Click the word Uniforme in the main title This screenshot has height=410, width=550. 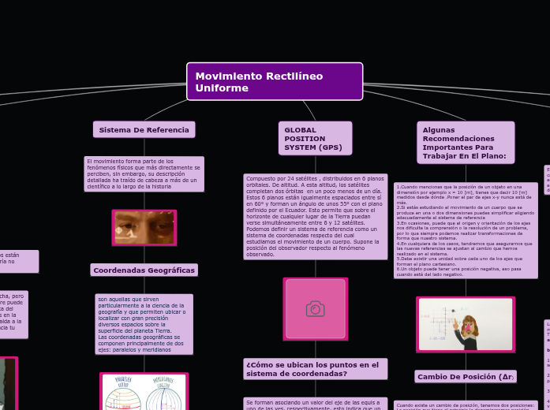(222, 88)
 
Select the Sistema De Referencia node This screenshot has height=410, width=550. (144, 129)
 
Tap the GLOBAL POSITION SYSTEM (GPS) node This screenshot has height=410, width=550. (314, 138)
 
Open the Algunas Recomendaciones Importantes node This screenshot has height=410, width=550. (465, 142)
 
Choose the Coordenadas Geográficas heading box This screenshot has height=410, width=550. (144, 270)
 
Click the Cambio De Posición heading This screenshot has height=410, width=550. (465, 377)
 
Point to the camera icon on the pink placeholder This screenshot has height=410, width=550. (315, 309)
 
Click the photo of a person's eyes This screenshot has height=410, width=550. (144, 227)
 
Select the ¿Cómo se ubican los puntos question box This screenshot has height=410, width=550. (315, 369)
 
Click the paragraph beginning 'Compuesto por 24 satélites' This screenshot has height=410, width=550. (315, 216)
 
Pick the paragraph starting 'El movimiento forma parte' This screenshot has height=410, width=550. (144, 173)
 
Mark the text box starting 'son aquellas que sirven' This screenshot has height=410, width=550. (144, 324)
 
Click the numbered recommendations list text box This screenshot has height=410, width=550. (465, 229)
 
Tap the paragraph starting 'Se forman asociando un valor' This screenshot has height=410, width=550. (315, 403)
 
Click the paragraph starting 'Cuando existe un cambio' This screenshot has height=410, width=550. (465, 405)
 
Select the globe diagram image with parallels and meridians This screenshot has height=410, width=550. (144, 392)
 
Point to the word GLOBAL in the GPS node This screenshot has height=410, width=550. (301, 129)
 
